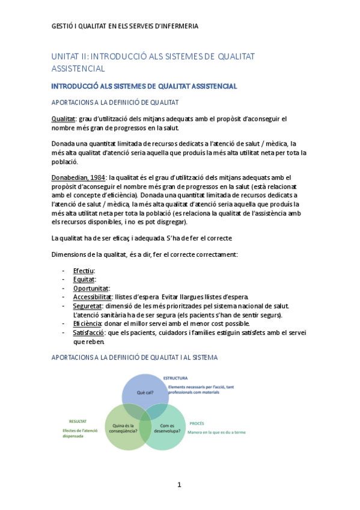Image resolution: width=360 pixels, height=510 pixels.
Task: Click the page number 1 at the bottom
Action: point(179,485)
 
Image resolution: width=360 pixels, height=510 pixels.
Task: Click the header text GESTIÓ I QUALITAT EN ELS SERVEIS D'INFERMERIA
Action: point(125,26)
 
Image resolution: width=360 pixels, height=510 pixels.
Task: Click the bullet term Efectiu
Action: point(84,271)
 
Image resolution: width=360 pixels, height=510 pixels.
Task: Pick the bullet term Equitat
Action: point(84,279)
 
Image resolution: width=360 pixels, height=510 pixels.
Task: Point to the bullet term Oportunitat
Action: point(91,288)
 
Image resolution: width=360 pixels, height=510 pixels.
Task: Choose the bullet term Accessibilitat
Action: point(93,296)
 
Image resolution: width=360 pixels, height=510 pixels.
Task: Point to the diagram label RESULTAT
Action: point(78,422)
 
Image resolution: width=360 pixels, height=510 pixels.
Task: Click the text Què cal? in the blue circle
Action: point(145,392)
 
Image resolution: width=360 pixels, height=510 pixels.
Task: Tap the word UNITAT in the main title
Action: point(66,57)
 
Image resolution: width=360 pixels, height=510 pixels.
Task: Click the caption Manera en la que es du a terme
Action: point(218,432)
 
